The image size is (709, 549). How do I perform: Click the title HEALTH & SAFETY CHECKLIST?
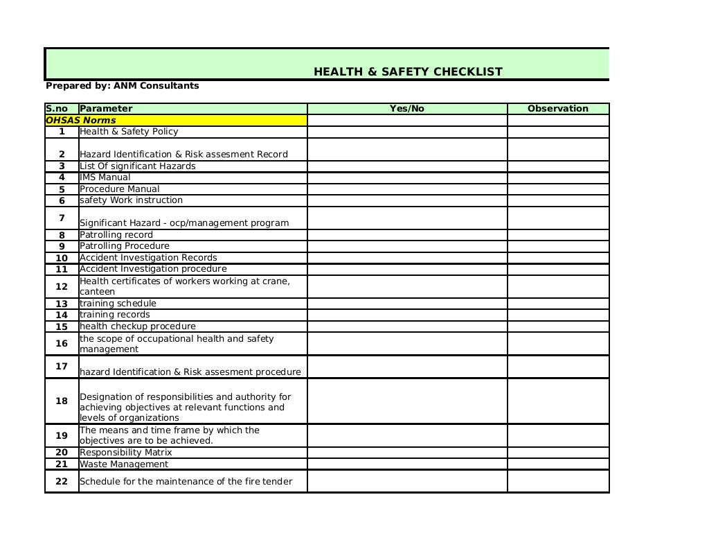pos(408,71)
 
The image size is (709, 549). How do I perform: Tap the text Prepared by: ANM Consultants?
pos(122,86)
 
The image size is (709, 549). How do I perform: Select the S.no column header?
pos(57,109)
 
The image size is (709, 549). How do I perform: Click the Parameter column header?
pos(106,109)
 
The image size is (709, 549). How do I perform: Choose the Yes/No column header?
pos(407,109)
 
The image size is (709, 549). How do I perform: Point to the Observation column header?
pos(558,109)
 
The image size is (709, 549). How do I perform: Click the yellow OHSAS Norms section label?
pos(81,121)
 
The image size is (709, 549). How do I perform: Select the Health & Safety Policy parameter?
pos(129,132)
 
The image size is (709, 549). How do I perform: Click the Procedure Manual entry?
pos(119,189)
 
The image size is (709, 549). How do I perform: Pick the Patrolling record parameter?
pos(116,235)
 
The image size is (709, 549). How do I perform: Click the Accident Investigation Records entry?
pos(148,258)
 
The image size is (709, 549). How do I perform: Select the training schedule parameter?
pos(118,304)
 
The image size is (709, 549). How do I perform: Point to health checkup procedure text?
pos(138,326)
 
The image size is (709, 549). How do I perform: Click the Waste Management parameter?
pos(124,464)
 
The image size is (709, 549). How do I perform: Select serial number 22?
pos(62,482)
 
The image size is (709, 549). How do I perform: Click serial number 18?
pos(62,401)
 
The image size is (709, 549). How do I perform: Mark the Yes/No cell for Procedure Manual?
pos(407,189)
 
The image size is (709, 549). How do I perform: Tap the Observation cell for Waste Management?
pos(558,464)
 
